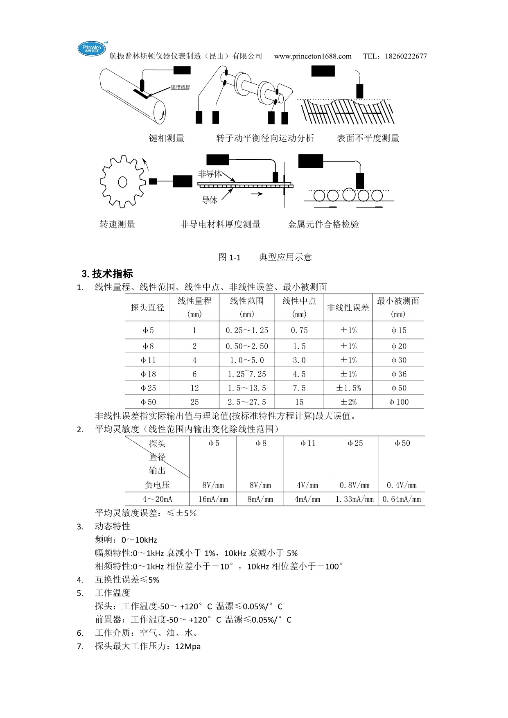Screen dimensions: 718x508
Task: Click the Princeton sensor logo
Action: tap(92, 49)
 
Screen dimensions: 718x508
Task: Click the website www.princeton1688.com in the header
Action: tap(313, 56)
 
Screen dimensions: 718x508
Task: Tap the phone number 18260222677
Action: tap(406, 56)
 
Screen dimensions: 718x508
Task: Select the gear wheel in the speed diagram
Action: tap(122, 181)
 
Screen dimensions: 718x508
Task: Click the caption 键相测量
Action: tap(167, 138)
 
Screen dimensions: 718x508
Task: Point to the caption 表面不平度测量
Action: tap(368, 138)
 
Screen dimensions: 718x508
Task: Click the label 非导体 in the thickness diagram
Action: tap(210, 174)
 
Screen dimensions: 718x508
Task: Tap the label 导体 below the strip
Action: tap(210, 201)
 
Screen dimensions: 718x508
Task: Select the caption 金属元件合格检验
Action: tap(323, 224)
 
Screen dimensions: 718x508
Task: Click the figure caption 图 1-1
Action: tap(230, 257)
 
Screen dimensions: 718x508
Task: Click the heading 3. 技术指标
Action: tap(108, 273)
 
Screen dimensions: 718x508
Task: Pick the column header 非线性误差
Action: tap(348, 307)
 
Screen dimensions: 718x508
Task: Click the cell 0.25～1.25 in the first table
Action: tap(247, 330)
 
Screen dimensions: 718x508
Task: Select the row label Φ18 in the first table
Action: tap(148, 374)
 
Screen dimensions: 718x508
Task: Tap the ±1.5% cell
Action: tap(348, 388)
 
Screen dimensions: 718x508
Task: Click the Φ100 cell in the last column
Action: tap(399, 402)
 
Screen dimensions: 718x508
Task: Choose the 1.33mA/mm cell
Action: tap(354, 499)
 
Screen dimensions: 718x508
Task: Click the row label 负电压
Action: tap(157, 485)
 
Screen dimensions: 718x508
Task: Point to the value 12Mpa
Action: tap(188, 647)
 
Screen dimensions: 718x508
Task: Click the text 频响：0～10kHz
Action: tap(126, 540)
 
